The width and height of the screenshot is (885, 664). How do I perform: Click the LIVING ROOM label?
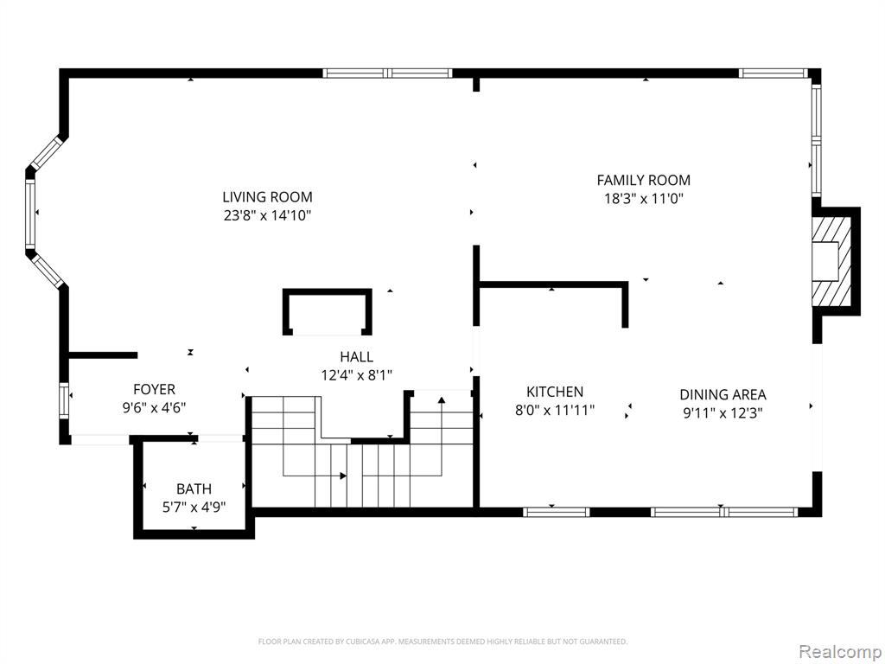click(x=267, y=197)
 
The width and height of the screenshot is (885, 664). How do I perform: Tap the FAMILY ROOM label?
click(x=643, y=180)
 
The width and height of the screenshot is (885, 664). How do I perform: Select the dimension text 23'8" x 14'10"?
click(x=267, y=215)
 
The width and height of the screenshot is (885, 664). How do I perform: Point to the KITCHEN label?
click(x=555, y=392)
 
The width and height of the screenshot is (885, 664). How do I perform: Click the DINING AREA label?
click(x=723, y=394)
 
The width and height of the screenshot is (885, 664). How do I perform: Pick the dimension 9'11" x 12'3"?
click(x=723, y=412)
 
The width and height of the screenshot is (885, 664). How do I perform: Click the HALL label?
click(x=356, y=357)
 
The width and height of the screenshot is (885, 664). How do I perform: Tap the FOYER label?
click(x=154, y=389)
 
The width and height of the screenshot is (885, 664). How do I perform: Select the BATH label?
click(x=194, y=489)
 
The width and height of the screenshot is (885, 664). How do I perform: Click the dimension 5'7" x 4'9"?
click(x=194, y=507)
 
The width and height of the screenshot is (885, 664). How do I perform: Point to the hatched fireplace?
click(x=831, y=262)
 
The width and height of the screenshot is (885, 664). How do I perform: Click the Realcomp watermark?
click(x=840, y=651)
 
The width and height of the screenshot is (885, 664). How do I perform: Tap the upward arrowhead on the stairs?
click(x=442, y=400)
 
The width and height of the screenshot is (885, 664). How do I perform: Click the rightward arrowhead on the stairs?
click(x=342, y=476)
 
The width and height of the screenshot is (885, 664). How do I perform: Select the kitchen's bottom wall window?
click(x=556, y=512)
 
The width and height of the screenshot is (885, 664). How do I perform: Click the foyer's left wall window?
click(x=64, y=400)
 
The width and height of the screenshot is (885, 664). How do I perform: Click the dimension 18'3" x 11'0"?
click(x=643, y=198)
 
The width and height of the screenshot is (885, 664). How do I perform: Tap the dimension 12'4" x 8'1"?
click(x=356, y=375)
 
